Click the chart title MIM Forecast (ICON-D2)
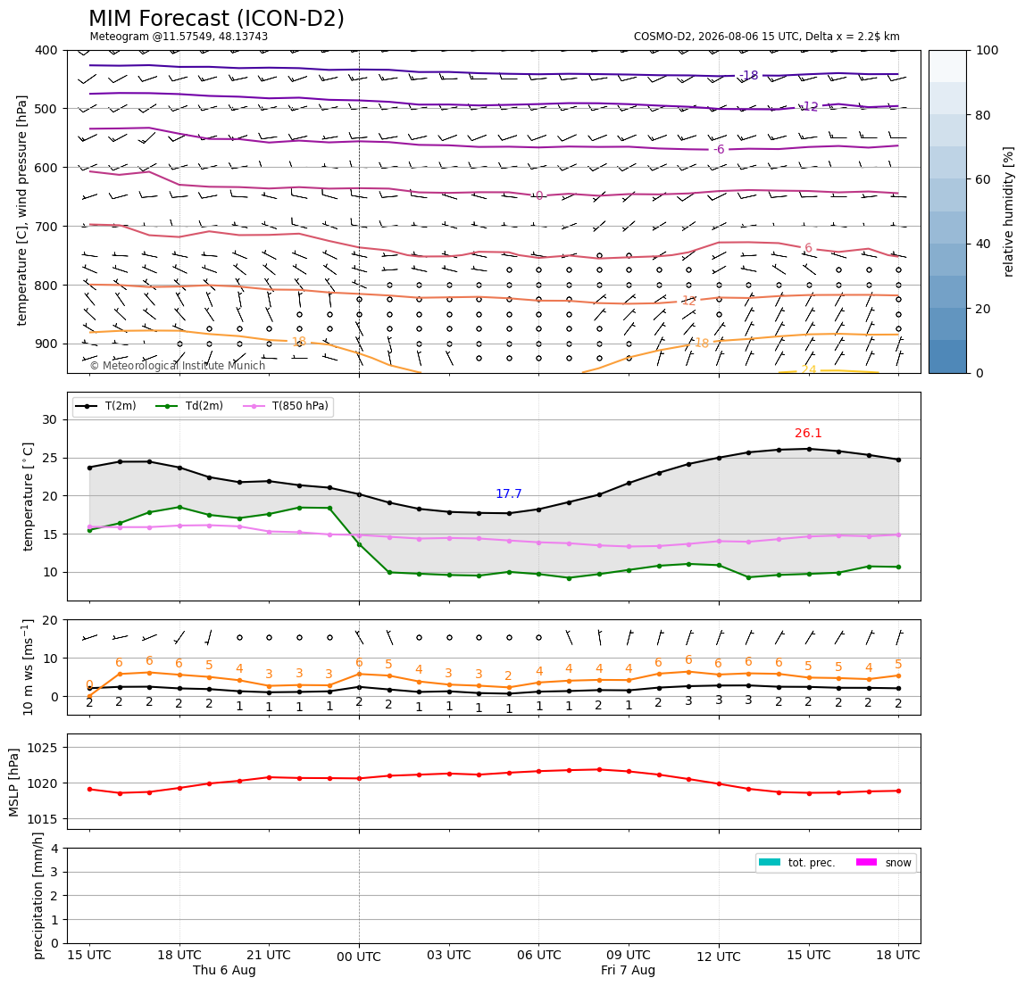[216, 19]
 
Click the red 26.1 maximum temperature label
[808, 433]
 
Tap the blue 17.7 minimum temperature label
[509, 494]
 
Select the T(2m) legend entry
[105, 406]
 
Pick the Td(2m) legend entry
[189, 406]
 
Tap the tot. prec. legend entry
[796, 863]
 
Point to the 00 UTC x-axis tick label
[359, 957]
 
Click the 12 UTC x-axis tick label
[719, 957]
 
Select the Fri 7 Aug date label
[629, 970]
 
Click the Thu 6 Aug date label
[224, 970]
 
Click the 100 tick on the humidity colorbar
[987, 50]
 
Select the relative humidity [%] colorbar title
[1009, 211]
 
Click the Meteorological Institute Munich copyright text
[178, 366]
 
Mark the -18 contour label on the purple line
[749, 76]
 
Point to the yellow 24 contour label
[809, 369]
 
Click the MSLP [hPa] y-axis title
[14, 783]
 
